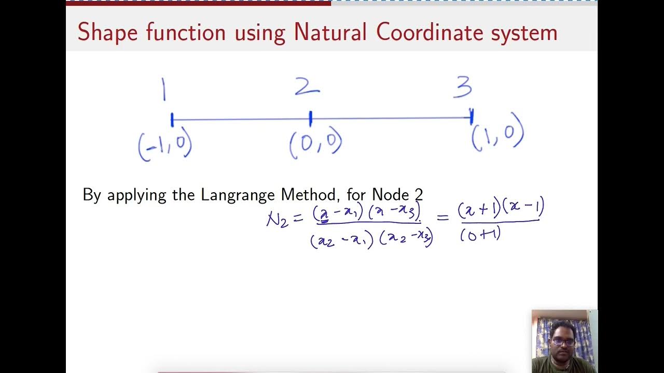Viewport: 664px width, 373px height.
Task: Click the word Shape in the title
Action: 108,33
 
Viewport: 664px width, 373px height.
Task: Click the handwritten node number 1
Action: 164,90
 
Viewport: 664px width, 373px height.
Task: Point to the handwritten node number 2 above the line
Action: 307,87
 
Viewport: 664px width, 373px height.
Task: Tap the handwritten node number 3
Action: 462,87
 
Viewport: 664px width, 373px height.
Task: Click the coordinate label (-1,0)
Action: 165,146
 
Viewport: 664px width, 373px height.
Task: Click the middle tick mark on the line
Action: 310,119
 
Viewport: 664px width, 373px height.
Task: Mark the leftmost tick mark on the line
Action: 172,120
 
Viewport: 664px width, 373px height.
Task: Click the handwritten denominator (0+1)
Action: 480,235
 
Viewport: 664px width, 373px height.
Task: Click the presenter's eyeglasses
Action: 563,342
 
